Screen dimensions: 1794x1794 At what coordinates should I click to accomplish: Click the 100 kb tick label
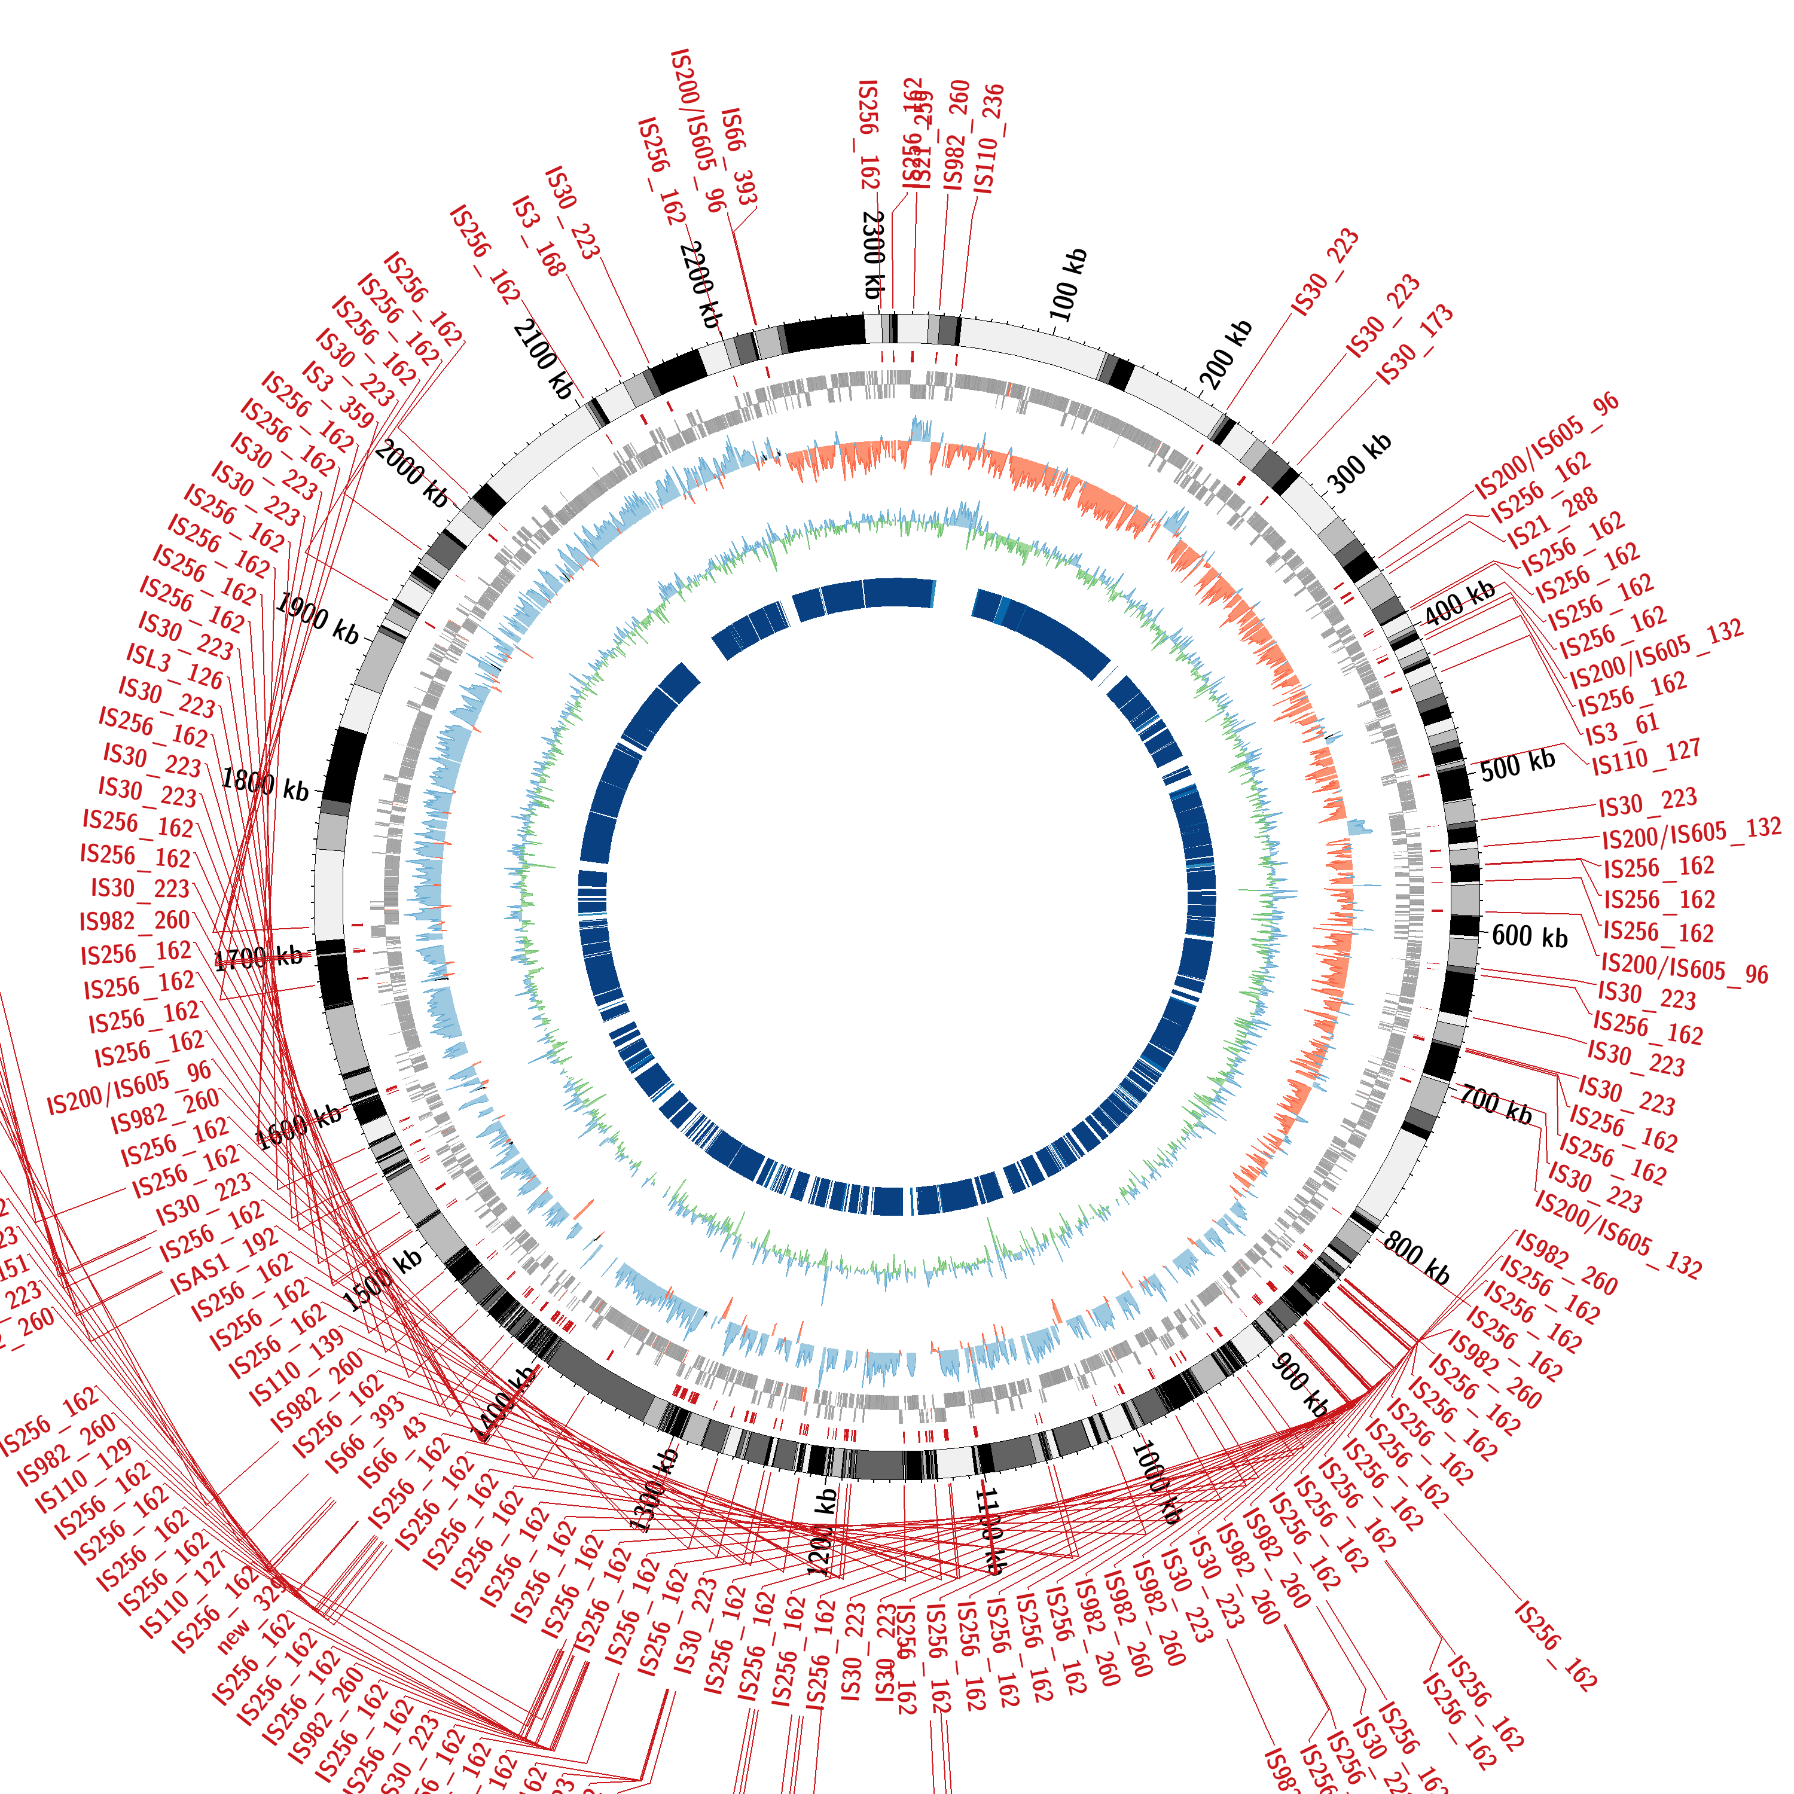pyautogui.click(x=1068, y=284)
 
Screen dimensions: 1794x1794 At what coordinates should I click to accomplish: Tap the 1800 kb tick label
pyautogui.click(x=265, y=785)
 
